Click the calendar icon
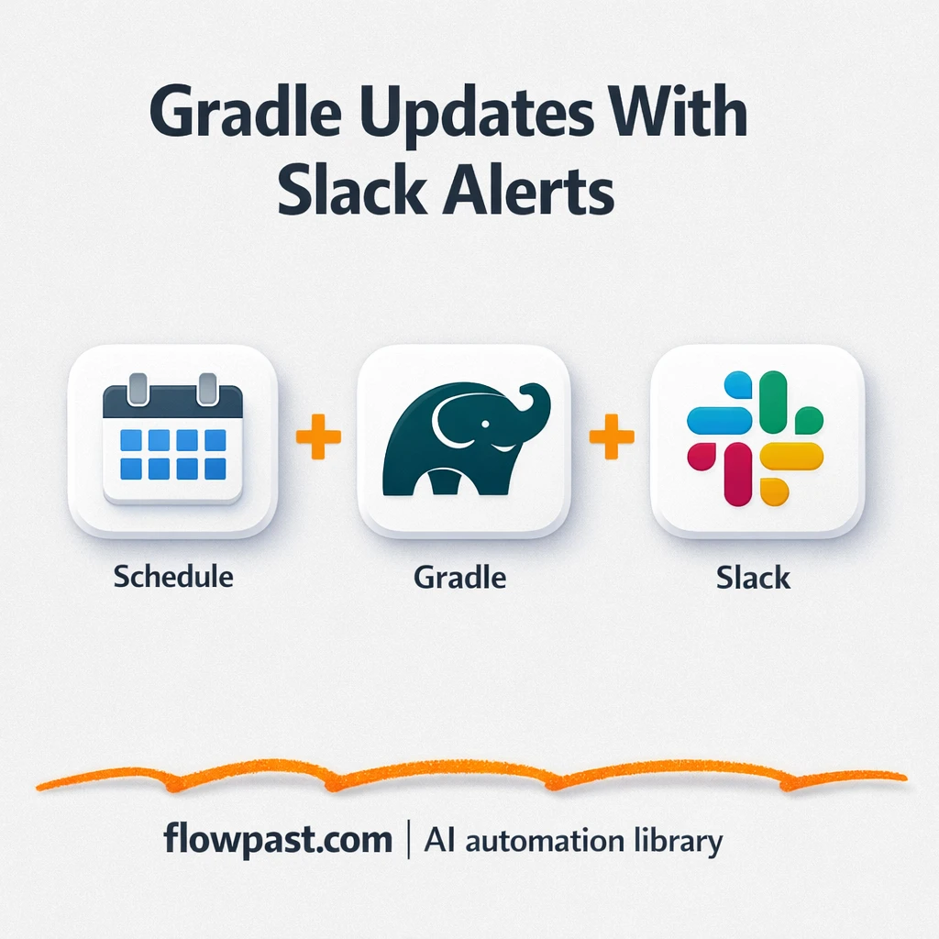(x=172, y=439)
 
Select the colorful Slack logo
(x=756, y=438)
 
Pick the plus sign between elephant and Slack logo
(x=611, y=438)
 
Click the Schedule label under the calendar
(x=173, y=577)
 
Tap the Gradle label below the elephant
(x=459, y=578)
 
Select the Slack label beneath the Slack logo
(x=754, y=578)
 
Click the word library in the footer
(x=679, y=841)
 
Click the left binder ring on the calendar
(x=138, y=387)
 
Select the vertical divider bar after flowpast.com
(x=409, y=841)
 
